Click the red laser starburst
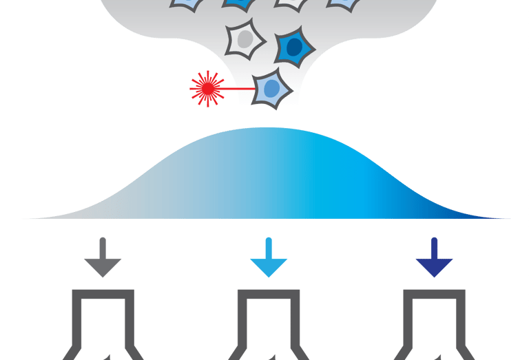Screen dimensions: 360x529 point(206,88)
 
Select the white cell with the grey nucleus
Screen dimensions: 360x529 point(246,41)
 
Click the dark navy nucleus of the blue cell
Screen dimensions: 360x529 point(295,47)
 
